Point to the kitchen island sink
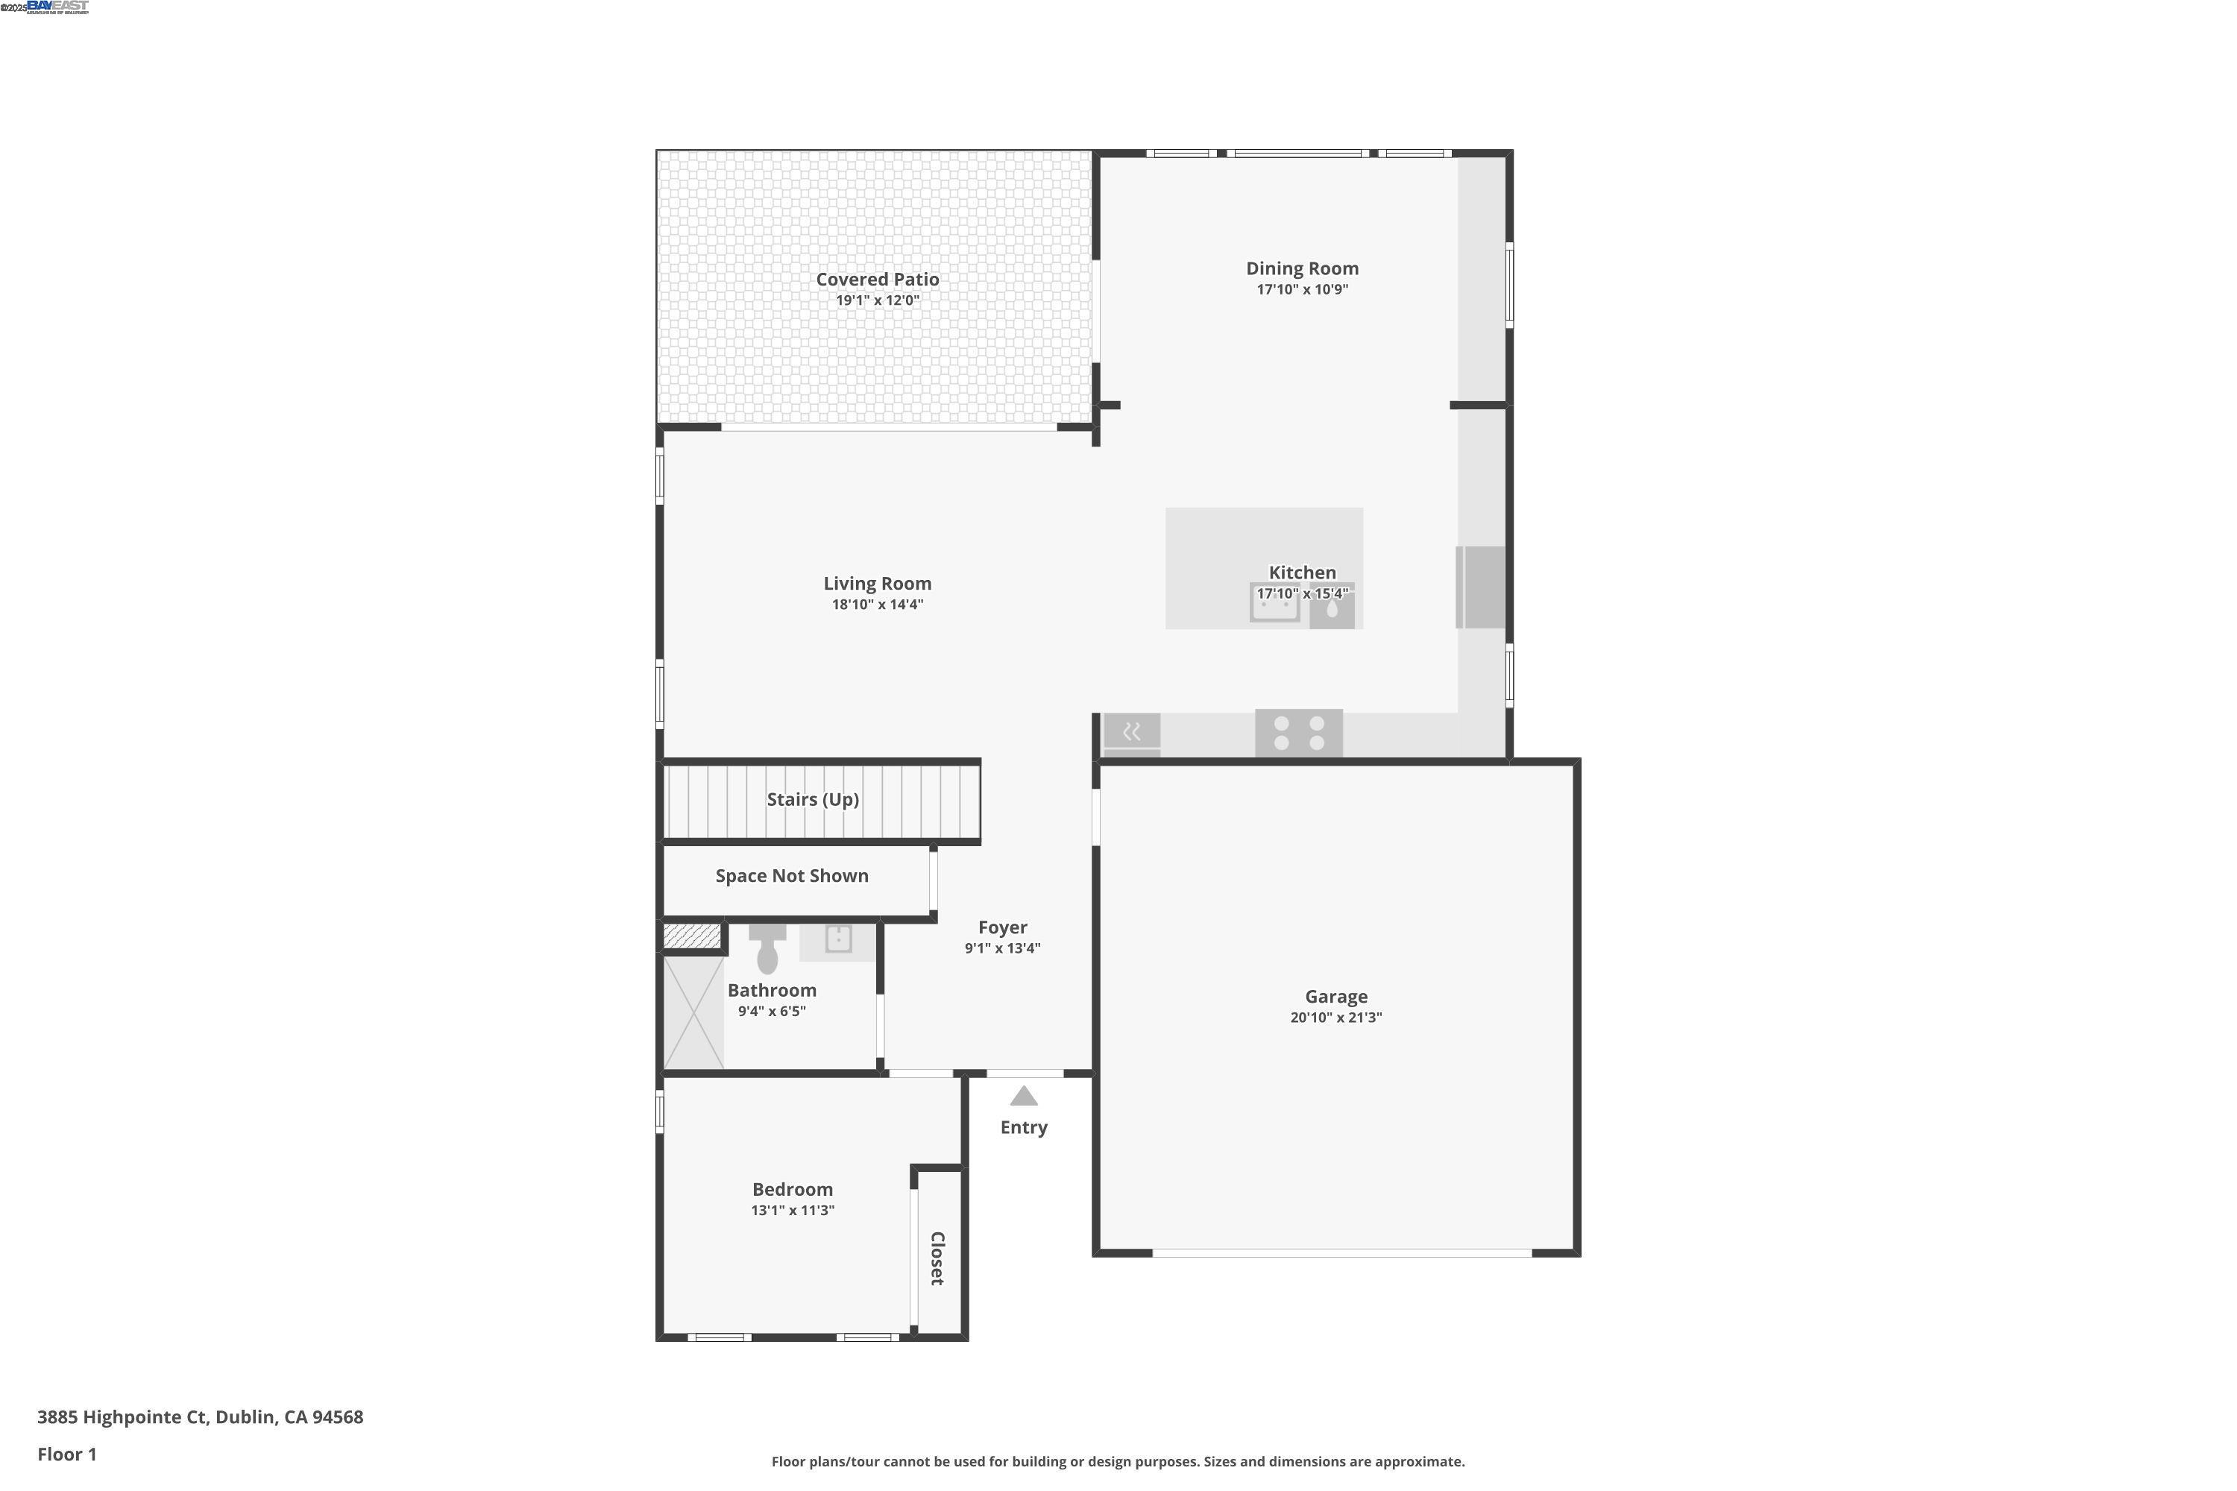tap(1274, 604)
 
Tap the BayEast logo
tap(57, 7)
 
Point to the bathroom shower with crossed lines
tap(693, 1014)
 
